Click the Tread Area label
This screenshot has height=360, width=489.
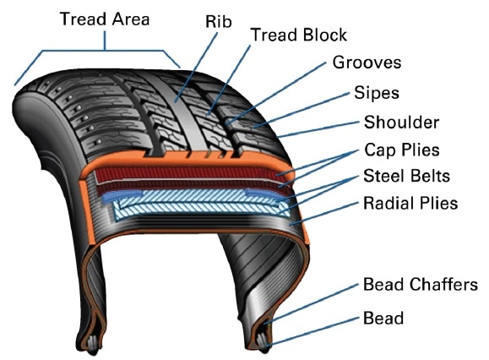(105, 19)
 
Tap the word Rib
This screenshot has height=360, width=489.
(218, 22)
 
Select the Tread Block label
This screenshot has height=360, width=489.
(299, 35)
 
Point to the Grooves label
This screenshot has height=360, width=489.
(367, 62)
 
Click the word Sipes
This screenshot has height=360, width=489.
(377, 93)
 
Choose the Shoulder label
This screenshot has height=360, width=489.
(401, 122)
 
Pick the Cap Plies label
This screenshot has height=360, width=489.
(402, 150)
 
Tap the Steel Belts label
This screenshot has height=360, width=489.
(407, 176)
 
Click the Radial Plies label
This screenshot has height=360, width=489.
(410, 203)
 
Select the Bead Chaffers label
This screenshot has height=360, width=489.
(421, 285)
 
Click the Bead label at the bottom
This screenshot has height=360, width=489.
(383, 319)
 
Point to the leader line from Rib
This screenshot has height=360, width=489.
(196, 68)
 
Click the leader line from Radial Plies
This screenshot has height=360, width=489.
(324, 213)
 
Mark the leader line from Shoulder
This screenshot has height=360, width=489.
(318, 129)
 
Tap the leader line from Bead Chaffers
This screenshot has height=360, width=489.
(312, 304)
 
